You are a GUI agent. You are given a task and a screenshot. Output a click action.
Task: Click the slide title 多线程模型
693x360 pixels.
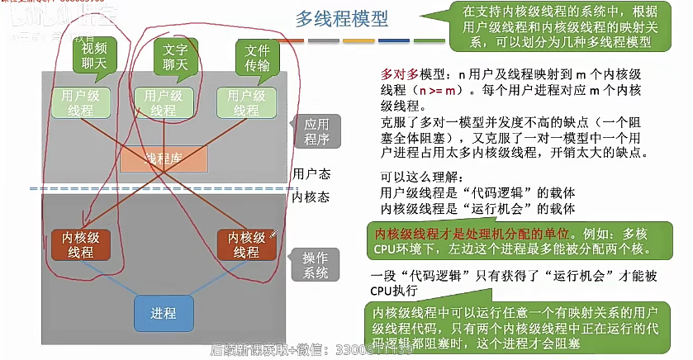[x=341, y=19]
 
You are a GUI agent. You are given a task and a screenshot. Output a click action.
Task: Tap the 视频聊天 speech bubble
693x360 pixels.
[x=94, y=56]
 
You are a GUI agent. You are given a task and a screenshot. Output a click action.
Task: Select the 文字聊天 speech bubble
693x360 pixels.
[x=175, y=56]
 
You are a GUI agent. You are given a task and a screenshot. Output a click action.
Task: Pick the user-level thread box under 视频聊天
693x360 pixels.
[x=82, y=103]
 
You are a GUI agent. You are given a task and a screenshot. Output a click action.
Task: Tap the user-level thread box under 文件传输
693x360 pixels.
[x=245, y=103]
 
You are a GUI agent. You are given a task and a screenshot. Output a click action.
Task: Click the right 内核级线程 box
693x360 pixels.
[x=246, y=245]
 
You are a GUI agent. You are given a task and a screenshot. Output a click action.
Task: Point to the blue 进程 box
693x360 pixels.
[x=163, y=314]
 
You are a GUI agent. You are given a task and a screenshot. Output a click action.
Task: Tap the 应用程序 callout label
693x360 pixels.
[x=316, y=130]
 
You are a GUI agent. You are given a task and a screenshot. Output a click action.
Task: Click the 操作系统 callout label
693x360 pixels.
[x=316, y=264]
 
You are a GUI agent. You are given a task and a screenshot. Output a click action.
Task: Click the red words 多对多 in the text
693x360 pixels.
[x=397, y=73]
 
